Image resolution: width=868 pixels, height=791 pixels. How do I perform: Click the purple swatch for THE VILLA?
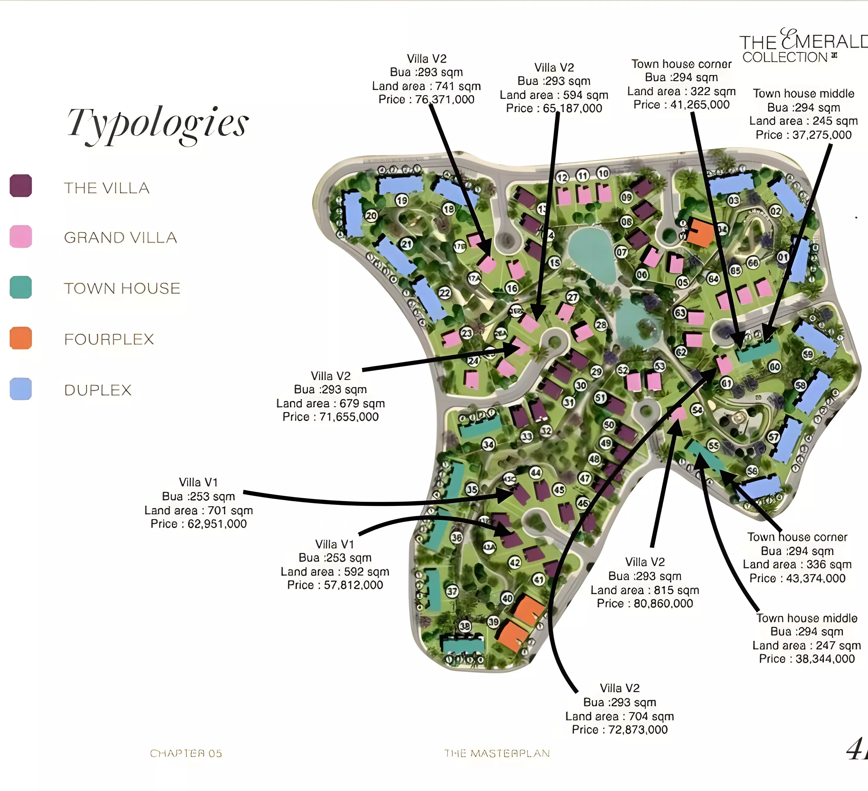21,186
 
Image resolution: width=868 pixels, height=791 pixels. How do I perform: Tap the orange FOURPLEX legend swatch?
21,338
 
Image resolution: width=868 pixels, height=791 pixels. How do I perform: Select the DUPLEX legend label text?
98,390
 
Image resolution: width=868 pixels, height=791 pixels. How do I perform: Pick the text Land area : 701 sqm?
198,511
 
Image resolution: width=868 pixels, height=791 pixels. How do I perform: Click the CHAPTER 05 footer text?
186,754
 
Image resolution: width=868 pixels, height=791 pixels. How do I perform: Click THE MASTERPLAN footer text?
497,754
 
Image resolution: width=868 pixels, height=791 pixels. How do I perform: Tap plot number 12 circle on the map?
562,177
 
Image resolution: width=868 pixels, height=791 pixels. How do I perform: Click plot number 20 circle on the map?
371,216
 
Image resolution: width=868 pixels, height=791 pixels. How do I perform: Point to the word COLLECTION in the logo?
785,57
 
